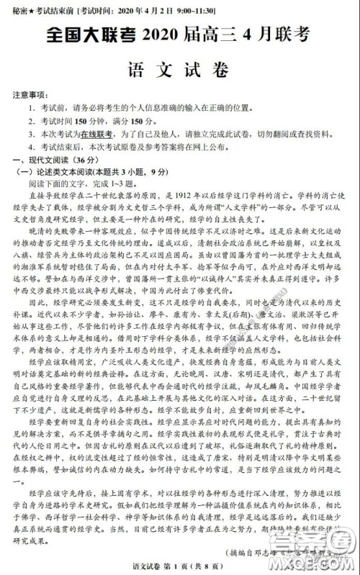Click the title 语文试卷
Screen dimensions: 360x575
pyautogui.click(x=179, y=71)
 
